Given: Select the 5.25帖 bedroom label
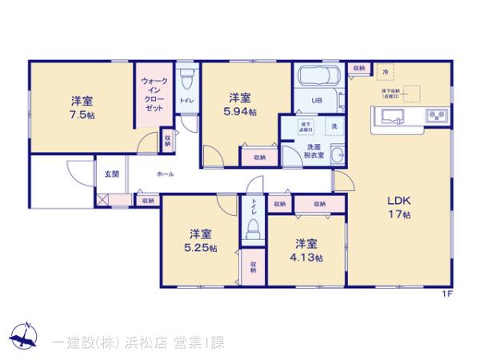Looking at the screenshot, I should point(201,241).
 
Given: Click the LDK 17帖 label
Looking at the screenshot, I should point(399,207).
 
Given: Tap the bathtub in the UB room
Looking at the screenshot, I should point(319,80).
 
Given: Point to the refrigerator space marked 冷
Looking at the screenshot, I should point(386,73).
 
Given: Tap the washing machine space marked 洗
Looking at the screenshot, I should point(334,128).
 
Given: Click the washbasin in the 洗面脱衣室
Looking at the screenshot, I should point(337,155).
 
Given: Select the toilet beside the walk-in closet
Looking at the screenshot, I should point(186,81).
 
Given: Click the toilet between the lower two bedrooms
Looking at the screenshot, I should point(254,230).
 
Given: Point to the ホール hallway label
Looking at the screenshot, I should point(166,174).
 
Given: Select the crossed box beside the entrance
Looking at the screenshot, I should point(102,201).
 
